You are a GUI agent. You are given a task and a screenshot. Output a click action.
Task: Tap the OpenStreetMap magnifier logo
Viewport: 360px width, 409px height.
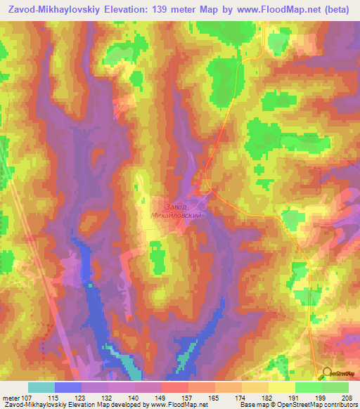pyautogui.click(x=328, y=374)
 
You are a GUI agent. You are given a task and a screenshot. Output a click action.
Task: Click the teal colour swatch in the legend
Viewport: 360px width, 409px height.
pyautogui.click(x=41, y=387)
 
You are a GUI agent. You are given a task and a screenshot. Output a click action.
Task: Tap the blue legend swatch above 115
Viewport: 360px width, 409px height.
pyautogui.click(x=68, y=387)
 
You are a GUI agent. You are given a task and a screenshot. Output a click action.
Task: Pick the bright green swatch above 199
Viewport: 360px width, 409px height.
pyautogui.click(x=309, y=387)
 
